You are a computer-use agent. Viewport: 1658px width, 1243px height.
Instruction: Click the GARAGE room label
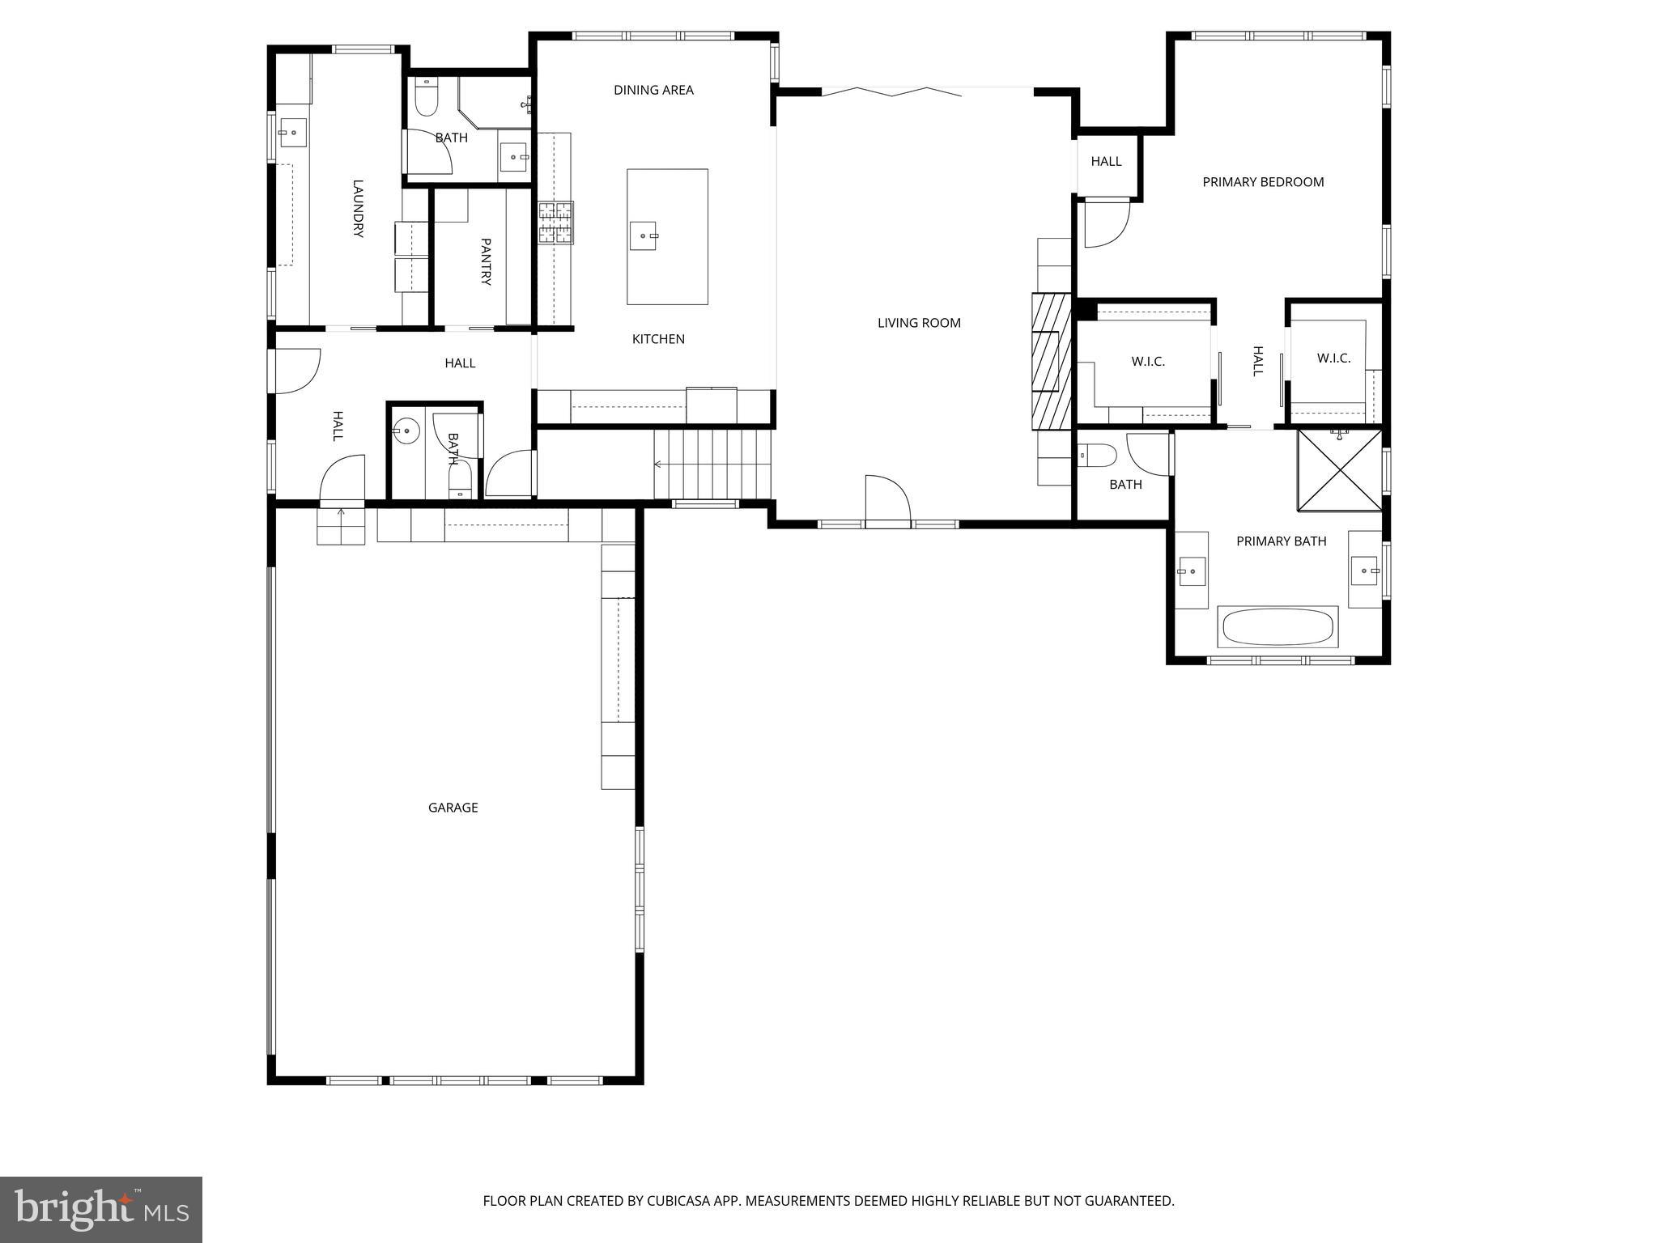[453, 808]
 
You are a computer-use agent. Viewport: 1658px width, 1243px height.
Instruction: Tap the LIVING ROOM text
[919, 323]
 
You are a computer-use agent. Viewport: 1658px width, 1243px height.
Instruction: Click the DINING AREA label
[653, 90]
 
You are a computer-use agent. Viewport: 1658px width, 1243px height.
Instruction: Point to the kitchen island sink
[644, 236]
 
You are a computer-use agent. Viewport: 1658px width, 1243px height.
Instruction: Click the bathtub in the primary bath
[1278, 627]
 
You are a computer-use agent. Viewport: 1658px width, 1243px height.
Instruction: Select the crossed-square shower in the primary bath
[1339, 470]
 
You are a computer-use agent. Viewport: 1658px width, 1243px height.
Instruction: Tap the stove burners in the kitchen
[556, 223]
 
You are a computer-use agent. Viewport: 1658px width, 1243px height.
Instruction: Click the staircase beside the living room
[712, 465]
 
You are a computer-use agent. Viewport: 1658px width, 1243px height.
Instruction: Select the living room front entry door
[888, 502]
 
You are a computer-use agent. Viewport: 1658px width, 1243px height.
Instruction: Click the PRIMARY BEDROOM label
[1263, 182]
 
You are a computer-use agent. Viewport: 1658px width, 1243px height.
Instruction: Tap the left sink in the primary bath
[1191, 571]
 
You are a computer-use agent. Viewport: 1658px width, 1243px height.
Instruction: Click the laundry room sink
[292, 132]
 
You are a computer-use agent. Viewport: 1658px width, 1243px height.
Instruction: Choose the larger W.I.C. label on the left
[1148, 362]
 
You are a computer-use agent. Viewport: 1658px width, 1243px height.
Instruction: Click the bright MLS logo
[101, 1209]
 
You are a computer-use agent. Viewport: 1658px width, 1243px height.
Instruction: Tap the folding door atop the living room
[891, 92]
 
